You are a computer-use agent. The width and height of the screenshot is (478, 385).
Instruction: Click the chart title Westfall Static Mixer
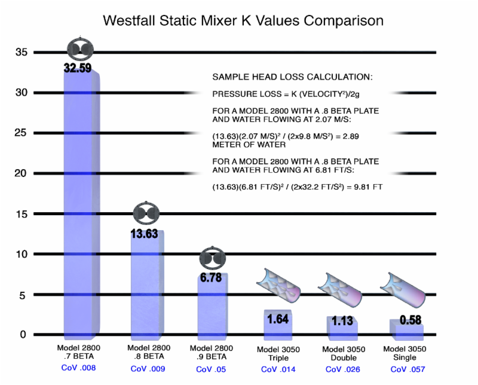243,21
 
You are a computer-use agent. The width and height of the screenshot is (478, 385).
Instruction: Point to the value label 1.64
278,319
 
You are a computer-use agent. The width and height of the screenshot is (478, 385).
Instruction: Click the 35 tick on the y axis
22,52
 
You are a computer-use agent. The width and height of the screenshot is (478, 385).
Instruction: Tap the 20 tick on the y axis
22,173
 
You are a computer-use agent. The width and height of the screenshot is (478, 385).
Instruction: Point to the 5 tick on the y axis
23,294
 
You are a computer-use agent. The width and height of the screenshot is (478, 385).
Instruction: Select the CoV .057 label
409,369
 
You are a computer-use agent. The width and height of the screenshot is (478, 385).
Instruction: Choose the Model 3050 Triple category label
277,353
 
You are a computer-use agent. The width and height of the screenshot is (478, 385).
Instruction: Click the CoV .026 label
342,369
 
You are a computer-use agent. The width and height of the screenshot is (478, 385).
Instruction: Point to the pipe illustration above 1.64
278,288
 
